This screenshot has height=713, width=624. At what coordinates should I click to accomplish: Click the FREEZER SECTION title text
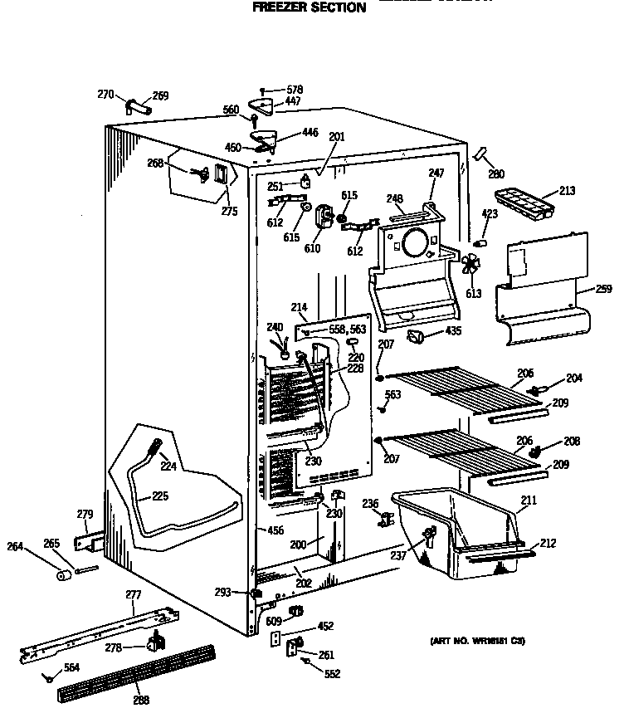click(x=309, y=7)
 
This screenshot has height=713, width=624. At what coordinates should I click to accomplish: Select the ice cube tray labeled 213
click(x=521, y=201)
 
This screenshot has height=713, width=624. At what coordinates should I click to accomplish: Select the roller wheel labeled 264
click(x=63, y=575)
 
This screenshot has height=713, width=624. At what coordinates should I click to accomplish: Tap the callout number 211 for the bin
click(x=528, y=500)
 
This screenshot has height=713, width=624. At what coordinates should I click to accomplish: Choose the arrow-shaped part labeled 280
click(x=480, y=156)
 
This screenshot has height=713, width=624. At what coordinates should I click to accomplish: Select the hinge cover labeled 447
click(x=266, y=105)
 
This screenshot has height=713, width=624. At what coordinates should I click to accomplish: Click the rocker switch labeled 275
click(x=219, y=177)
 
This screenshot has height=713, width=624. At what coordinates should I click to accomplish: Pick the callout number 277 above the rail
click(x=133, y=595)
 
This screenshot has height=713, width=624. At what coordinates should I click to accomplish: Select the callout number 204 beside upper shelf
click(x=574, y=378)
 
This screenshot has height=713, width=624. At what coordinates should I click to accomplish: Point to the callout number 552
click(x=332, y=674)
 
